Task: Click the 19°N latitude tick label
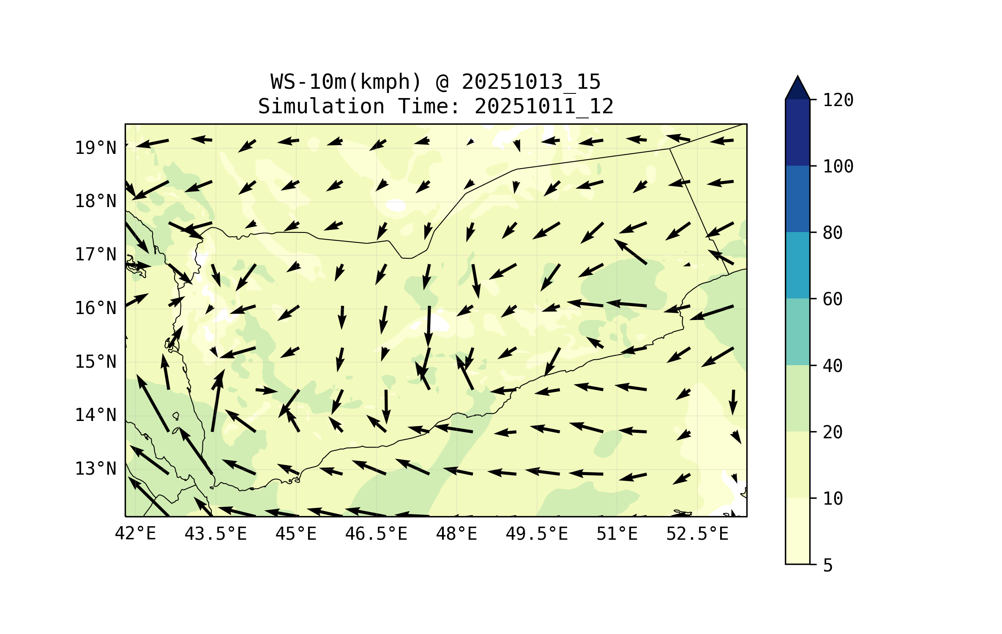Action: (x=96, y=148)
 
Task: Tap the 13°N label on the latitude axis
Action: (x=96, y=469)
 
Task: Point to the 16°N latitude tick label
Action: (x=96, y=309)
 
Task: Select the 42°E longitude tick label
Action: (x=135, y=534)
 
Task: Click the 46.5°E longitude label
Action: (x=376, y=534)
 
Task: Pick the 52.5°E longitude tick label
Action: (x=697, y=534)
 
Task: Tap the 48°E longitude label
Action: (x=456, y=534)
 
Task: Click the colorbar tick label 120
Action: (x=838, y=100)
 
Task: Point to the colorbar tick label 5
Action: (x=828, y=566)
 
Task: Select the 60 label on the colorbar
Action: (x=833, y=299)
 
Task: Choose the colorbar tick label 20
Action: (x=833, y=432)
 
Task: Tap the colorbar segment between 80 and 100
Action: (x=797, y=199)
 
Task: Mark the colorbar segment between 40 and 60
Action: (x=797, y=332)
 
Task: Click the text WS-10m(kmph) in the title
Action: (x=346, y=82)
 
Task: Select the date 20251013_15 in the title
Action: (x=531, y=82)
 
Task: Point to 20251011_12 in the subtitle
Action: (x=544, y=107)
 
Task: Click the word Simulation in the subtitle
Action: (x=321, y=107)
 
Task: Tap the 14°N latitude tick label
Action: (x=96, y=415)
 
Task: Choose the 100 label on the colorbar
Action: (x=838, y=167)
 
